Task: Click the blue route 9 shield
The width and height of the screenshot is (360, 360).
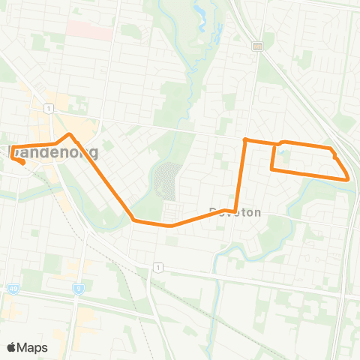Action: (x=77, y=288)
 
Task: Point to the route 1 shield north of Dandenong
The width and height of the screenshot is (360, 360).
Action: (x=49, y=109)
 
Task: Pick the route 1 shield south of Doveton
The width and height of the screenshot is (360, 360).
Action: (x=157, y=267)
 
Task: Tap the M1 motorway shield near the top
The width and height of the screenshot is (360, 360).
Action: (x=257, y=46)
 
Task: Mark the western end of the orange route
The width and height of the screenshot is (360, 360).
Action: (x=23, y=163)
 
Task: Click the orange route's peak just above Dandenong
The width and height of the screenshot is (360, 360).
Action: (x=70, y=135)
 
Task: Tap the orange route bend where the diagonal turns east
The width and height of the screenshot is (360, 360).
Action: (x=133, y=220)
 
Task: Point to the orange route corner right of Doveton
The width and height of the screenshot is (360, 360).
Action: (x=235, y=211)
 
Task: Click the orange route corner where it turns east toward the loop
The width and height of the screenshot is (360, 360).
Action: (x=245, y=139)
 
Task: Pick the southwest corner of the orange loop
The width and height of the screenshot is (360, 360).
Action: (x=271, y=170)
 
